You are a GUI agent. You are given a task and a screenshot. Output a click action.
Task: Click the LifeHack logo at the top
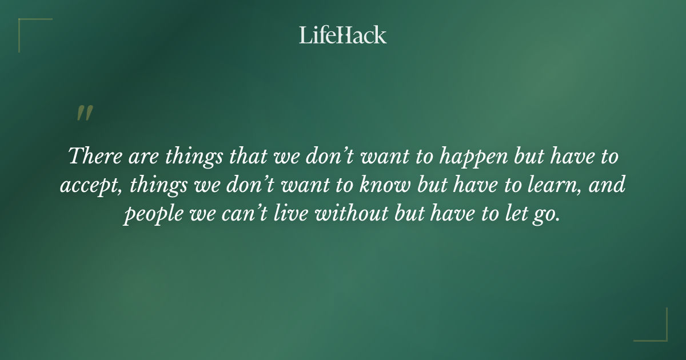342,35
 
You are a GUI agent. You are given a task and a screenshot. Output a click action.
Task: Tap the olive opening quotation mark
84,113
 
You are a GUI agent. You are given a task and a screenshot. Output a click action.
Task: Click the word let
506,215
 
